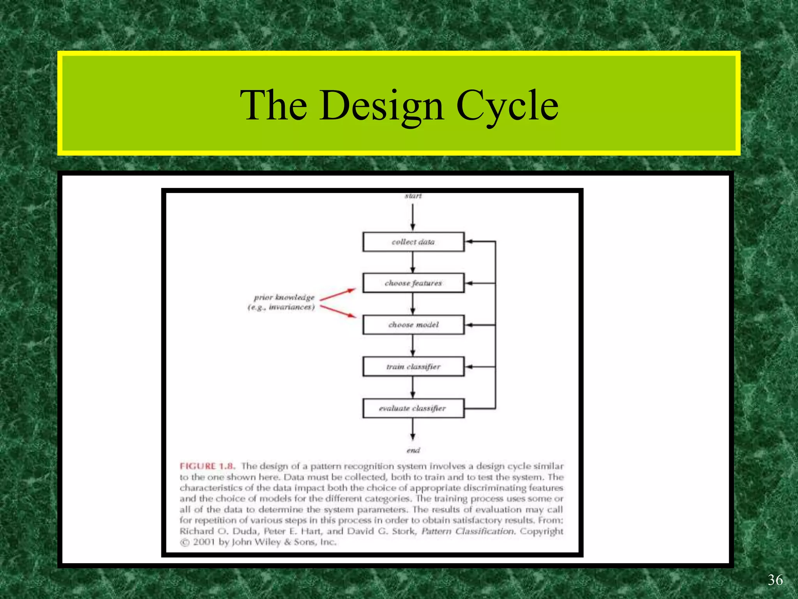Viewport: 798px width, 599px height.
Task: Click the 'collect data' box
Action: pos(413,242)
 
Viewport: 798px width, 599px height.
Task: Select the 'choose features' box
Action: pos(413,283)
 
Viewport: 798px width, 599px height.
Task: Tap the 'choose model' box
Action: pos(413,325)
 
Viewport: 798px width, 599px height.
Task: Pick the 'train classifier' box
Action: pos(413,367)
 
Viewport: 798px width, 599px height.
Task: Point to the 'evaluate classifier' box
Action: pos(413,408)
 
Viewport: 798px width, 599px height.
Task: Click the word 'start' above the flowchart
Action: pos(413,196)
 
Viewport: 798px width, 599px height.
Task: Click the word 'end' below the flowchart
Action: pos(413,450)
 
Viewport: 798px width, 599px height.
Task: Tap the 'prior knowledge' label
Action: pos(284,298)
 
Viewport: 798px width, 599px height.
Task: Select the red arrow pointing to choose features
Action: pos(337,294)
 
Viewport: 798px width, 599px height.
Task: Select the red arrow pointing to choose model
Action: pos(337,311)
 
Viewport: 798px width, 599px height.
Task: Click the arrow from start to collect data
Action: pos(413,216)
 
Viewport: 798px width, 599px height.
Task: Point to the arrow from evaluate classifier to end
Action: pos(413,429)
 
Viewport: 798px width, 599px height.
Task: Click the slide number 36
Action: pos(775,580)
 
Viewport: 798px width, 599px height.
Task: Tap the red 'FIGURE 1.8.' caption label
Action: pos(207,466)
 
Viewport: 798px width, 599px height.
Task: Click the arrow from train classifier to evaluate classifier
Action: pos(413,387)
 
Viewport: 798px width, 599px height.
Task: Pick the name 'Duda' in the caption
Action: pos(245,532)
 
